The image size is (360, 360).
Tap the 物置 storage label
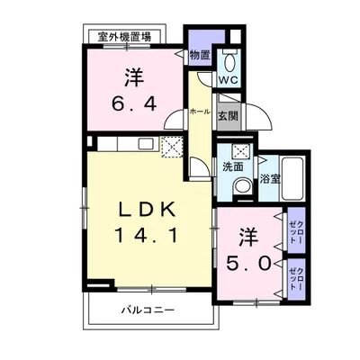point(199,55)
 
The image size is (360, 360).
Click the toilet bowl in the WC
point(229,63)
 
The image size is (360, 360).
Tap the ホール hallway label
point(199,112)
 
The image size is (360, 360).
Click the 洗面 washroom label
point(234,168)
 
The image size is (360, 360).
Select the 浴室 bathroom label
point(270,178)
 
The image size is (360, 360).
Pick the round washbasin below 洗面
point(242,186)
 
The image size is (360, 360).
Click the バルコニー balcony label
point(148,311)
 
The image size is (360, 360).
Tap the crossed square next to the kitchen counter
point(172,146)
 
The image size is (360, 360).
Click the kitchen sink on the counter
point(146,145)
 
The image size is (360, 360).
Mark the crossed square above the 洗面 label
point(240,151)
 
